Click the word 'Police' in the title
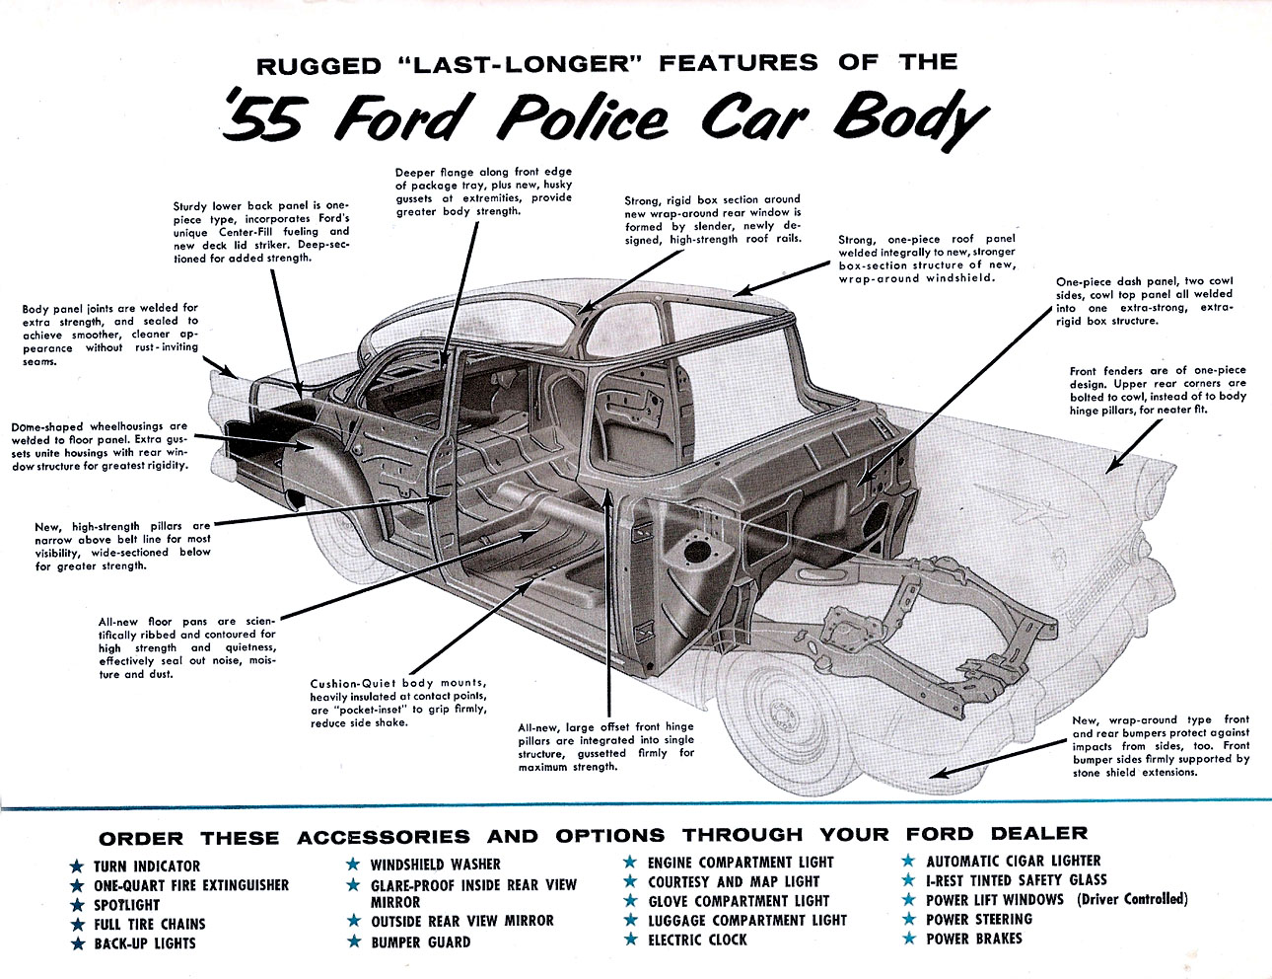pos(583,117)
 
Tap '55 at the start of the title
pos(261,118)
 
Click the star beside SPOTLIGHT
pos(76,905)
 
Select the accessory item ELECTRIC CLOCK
pos(697,940)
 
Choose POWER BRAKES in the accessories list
pos(973,938)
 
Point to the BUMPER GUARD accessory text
pos(420,941)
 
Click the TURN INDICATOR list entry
pos(147,866)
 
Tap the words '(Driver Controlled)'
pos(1132,899)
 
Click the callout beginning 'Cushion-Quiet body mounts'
pos(398,703)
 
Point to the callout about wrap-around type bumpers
pos(1161,746)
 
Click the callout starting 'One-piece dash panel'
pos(1144,301)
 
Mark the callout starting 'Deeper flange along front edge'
pos(483,191)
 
